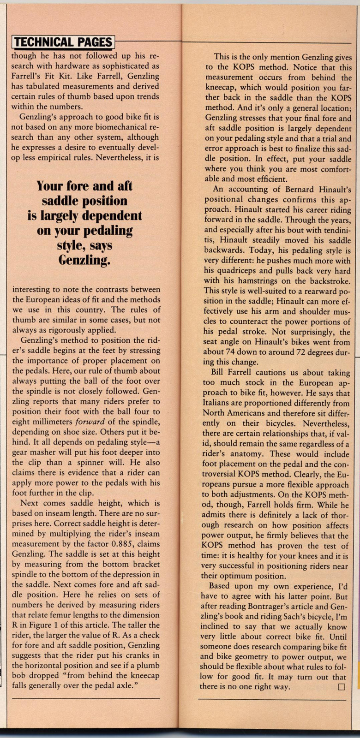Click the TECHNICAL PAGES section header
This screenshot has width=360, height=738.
[x=63, y=42]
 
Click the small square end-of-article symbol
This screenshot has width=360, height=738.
[x=342, y=687]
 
